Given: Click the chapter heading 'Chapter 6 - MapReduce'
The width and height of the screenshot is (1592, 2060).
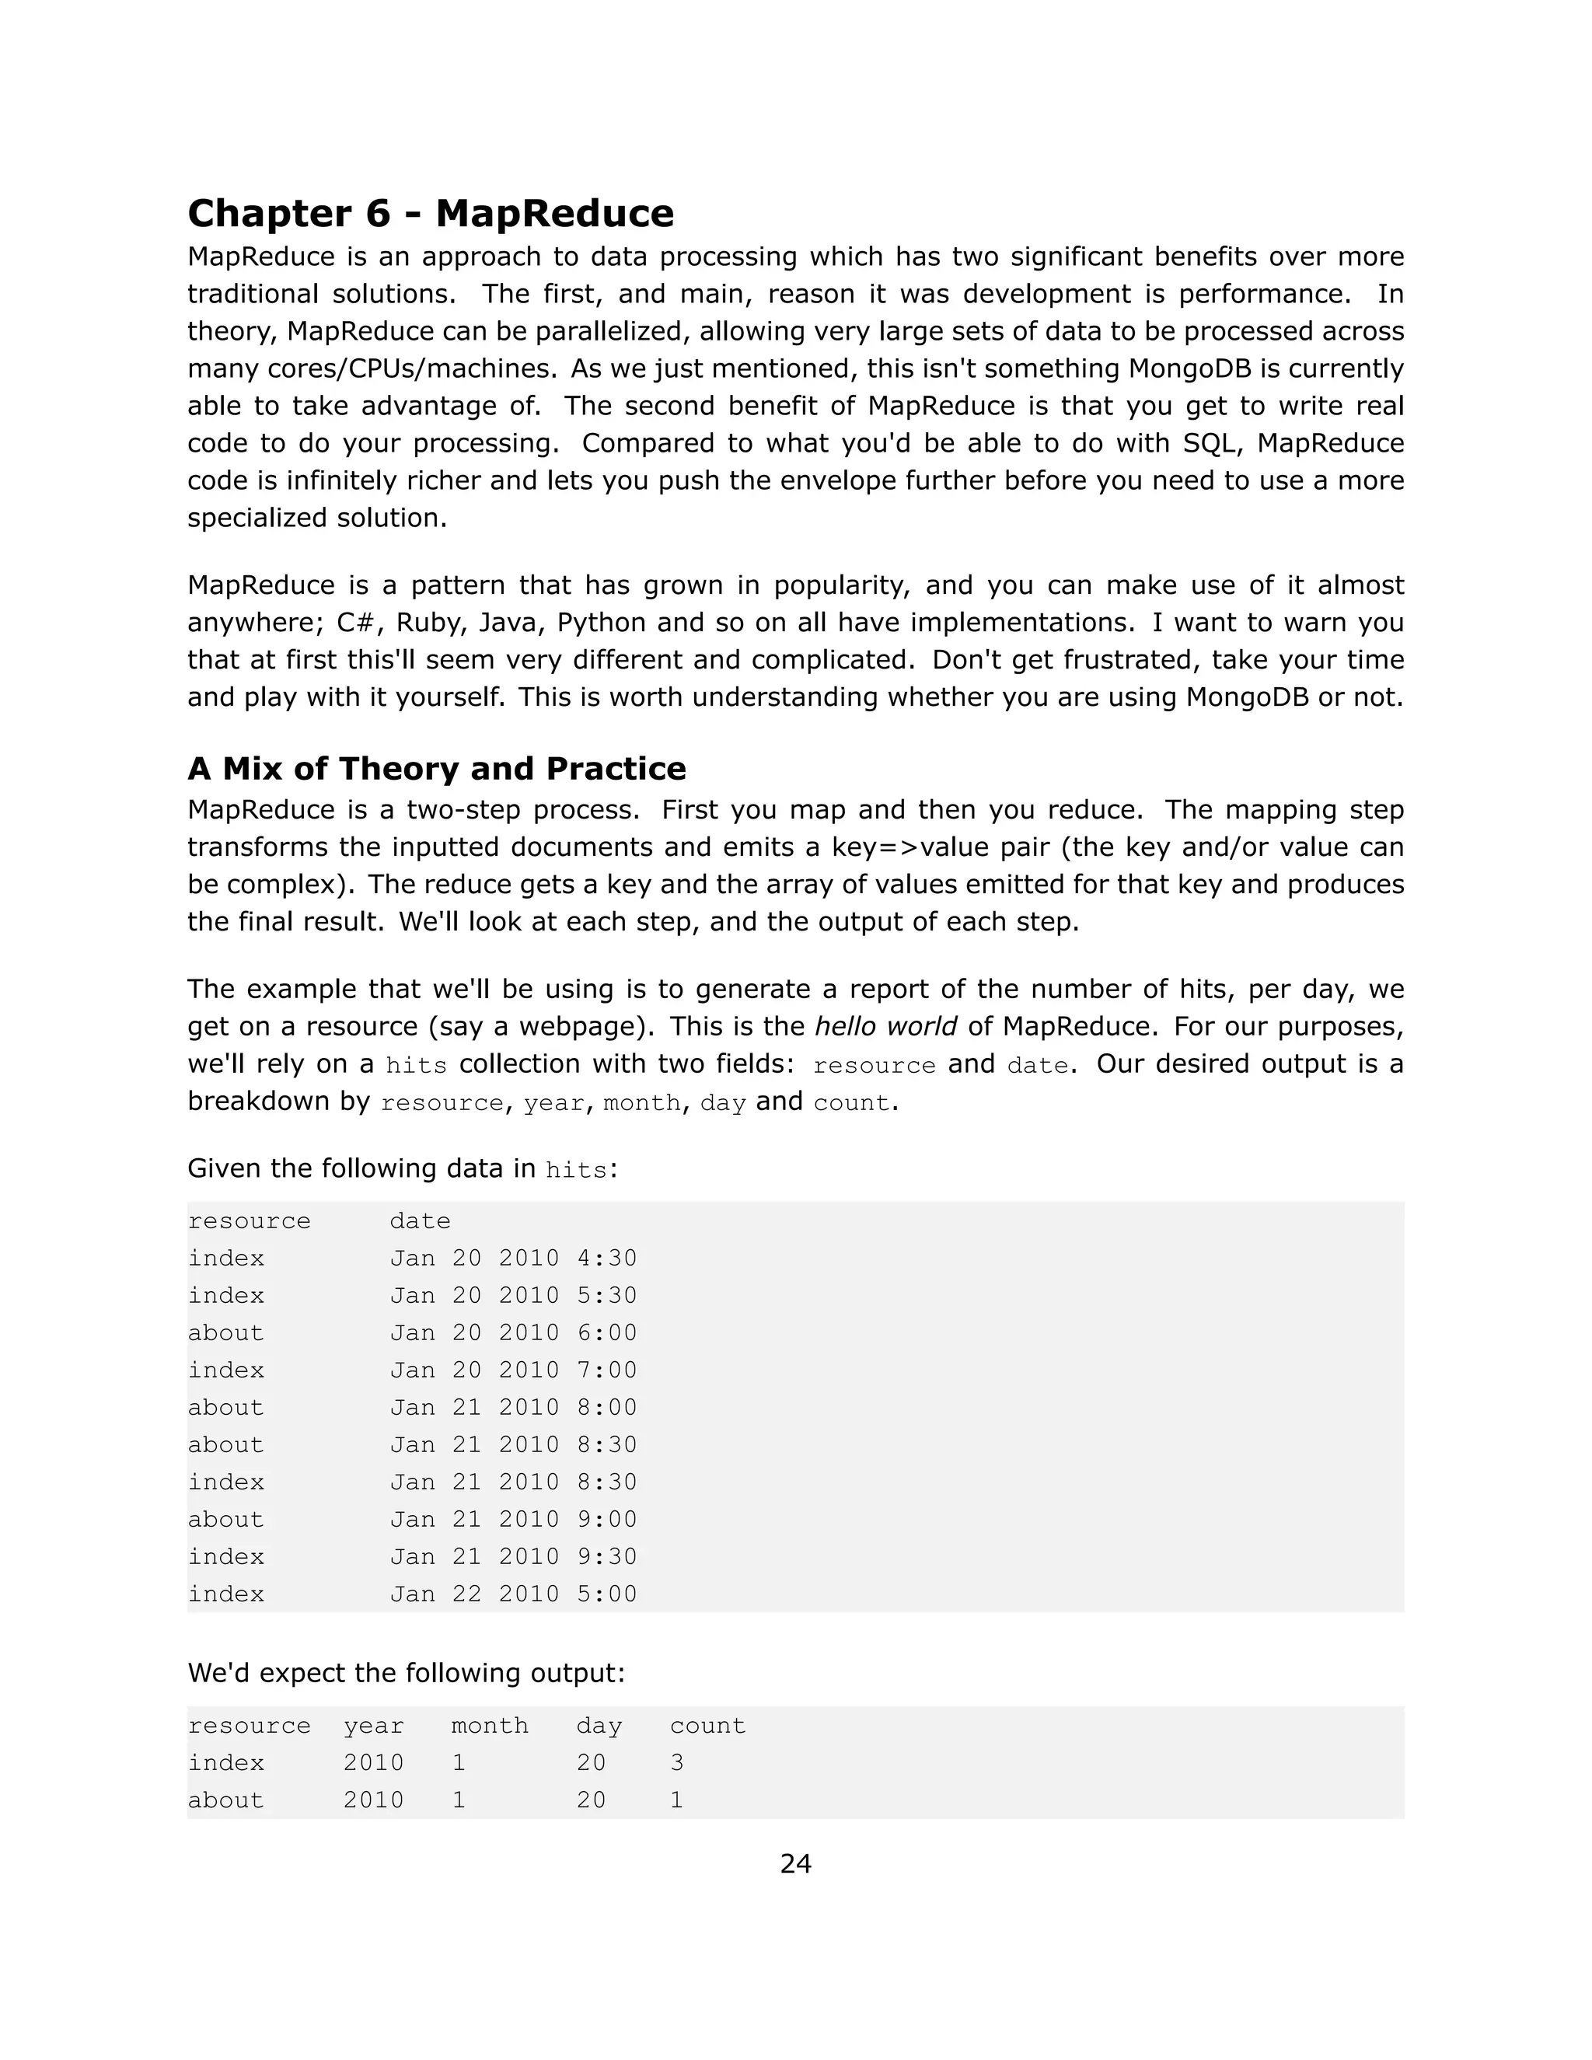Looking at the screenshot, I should [430, 213].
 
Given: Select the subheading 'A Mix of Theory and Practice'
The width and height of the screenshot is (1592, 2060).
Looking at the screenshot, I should [437, 769].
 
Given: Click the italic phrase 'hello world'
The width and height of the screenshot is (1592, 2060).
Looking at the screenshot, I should [885, 1026].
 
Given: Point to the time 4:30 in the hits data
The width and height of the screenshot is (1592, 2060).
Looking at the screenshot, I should [606, 1259].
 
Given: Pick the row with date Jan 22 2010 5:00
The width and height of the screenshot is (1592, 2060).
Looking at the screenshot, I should [513, 1594].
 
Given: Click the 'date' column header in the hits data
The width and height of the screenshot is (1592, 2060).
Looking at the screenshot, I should [420, 1221].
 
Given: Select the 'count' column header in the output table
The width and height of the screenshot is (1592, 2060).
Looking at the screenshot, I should [707, 1726].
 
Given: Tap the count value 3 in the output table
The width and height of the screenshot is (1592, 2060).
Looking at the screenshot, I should [676, 1763].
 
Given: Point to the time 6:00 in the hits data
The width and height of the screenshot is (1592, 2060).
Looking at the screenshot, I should [606, 1332].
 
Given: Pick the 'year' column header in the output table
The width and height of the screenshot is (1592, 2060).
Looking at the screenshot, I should [373, 1726].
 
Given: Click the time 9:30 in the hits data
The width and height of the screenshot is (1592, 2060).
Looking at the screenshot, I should [606, 1556].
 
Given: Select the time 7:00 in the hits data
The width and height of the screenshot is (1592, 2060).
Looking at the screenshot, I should [606, 1370].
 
